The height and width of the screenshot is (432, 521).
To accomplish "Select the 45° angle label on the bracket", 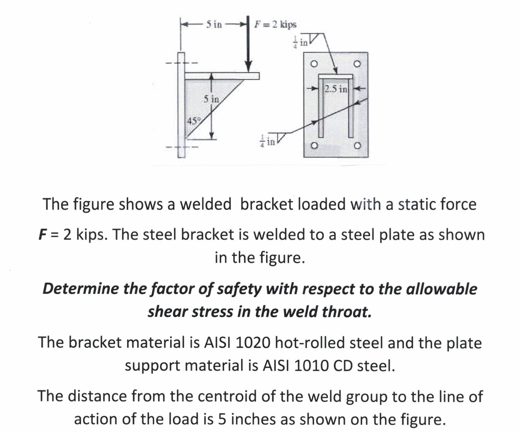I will (192, 122).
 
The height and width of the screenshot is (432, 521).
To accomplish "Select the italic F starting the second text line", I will (41, 235).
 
